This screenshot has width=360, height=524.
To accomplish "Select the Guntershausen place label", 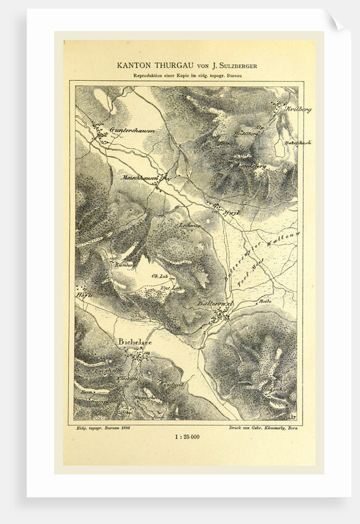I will [x=132, y=131].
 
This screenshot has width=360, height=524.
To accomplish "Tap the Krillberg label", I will [x=298, y=109].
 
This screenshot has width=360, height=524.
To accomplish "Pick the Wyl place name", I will [x=232, y=212].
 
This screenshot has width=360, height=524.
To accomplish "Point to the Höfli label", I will [x=84, y=295].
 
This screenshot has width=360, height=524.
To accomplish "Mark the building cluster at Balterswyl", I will [x=220, y=316].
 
